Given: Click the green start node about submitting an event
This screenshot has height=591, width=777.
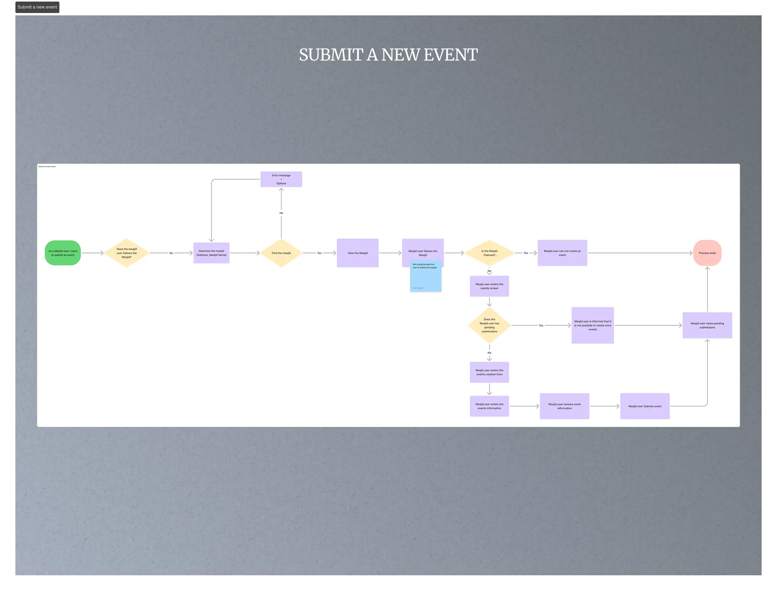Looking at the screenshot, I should [63, 253].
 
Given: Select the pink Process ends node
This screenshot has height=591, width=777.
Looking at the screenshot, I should [707, 253].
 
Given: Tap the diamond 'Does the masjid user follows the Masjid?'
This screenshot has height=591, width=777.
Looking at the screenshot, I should [126, 253].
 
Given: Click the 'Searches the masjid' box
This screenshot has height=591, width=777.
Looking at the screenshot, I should [211, 253].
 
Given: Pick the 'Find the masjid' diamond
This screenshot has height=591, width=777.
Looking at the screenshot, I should [281, 253].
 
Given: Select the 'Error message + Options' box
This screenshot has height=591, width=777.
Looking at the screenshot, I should [281, 179].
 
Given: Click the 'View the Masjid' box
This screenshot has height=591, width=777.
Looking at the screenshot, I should [357, 253].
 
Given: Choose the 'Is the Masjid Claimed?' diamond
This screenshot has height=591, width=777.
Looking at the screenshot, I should [489, 253].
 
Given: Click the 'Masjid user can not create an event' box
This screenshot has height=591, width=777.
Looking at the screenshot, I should [562, 253].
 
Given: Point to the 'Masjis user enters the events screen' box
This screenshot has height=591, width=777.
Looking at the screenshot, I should [489, 286].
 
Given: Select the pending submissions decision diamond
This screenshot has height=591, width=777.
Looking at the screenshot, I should [489, 325].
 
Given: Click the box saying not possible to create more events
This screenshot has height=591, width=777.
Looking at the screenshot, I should [593, 325].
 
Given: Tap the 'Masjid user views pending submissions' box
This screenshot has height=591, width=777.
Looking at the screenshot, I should [707, 325].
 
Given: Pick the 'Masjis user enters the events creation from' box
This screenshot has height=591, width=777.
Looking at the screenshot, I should [489, 372].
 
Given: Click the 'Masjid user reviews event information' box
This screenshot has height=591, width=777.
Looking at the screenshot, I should [564, 406].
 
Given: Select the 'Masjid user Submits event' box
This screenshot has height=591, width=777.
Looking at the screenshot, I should [644, 406].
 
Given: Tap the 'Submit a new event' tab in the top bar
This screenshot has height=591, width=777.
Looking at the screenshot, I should [37, 7].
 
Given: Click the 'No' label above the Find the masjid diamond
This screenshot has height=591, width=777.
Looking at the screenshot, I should [281, 213].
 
